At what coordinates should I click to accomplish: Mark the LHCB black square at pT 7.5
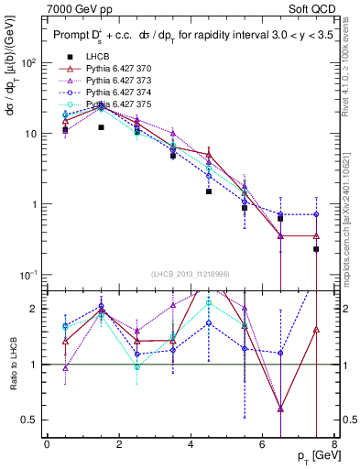tap(316, 249)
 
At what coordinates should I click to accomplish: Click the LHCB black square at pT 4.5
tap(209, 192)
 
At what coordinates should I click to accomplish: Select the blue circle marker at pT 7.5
tap(316, 214)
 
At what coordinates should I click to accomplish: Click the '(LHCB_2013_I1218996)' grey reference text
tap(191, 274)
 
